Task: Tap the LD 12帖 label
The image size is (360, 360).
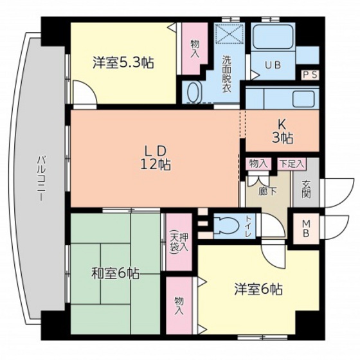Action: coord(156,157)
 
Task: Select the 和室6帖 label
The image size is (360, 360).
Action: coord(114,273)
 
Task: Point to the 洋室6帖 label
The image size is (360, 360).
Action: coord(258,289)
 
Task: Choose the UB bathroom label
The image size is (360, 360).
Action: coord(273,64)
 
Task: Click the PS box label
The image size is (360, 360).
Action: coord(310,75)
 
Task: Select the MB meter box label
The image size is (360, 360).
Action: coord(306,228)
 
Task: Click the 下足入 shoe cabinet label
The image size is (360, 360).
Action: coord(291,164)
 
